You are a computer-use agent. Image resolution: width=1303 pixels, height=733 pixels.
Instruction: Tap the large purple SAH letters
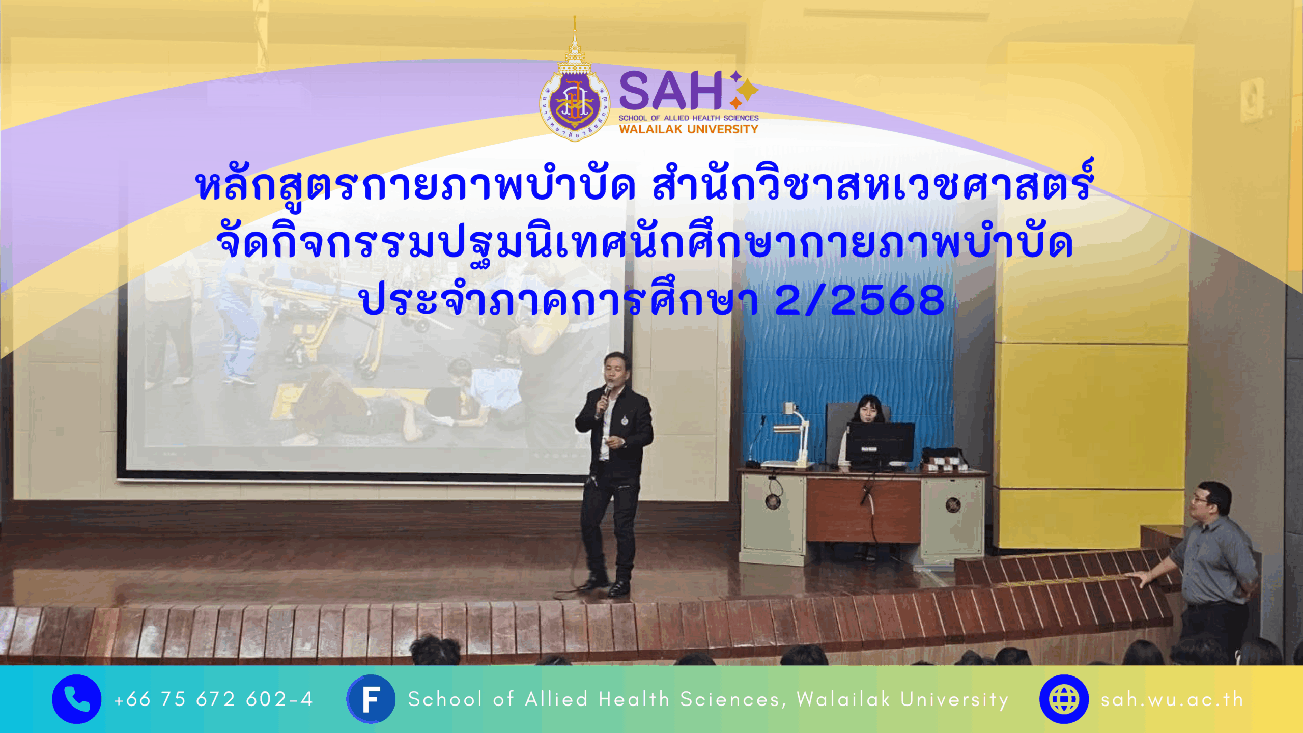click(670, 91)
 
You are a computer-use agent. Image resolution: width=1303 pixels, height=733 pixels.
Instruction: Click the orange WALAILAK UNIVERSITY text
click(689, 129)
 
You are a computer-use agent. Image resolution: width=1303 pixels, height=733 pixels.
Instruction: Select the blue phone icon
click(76, 699)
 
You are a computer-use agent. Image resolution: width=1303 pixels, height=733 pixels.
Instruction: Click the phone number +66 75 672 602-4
click(213, 699)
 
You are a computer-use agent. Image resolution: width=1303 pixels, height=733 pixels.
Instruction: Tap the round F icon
click(371, 699)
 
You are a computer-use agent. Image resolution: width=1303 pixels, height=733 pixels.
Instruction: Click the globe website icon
click(1064, 699)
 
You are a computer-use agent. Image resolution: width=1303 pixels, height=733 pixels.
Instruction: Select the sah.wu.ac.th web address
click(1172, 699)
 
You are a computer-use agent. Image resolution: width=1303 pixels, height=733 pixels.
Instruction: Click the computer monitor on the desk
click(880, 444)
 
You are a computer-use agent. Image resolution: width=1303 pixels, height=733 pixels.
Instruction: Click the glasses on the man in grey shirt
click(1202, 500)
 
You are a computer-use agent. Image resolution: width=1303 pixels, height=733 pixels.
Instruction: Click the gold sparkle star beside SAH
click(747, 91)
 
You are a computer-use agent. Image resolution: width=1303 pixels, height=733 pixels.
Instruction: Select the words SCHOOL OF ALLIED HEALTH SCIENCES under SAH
click(689, 118)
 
